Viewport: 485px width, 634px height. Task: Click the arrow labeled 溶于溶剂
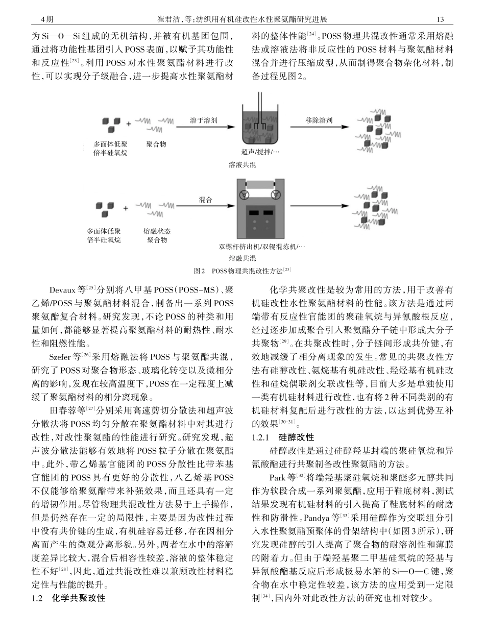203,127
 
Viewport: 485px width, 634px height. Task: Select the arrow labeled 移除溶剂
319,127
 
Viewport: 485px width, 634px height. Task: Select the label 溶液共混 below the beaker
242,164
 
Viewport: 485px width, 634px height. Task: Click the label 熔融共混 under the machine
242,258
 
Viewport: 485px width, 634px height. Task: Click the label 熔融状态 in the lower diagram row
157,231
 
